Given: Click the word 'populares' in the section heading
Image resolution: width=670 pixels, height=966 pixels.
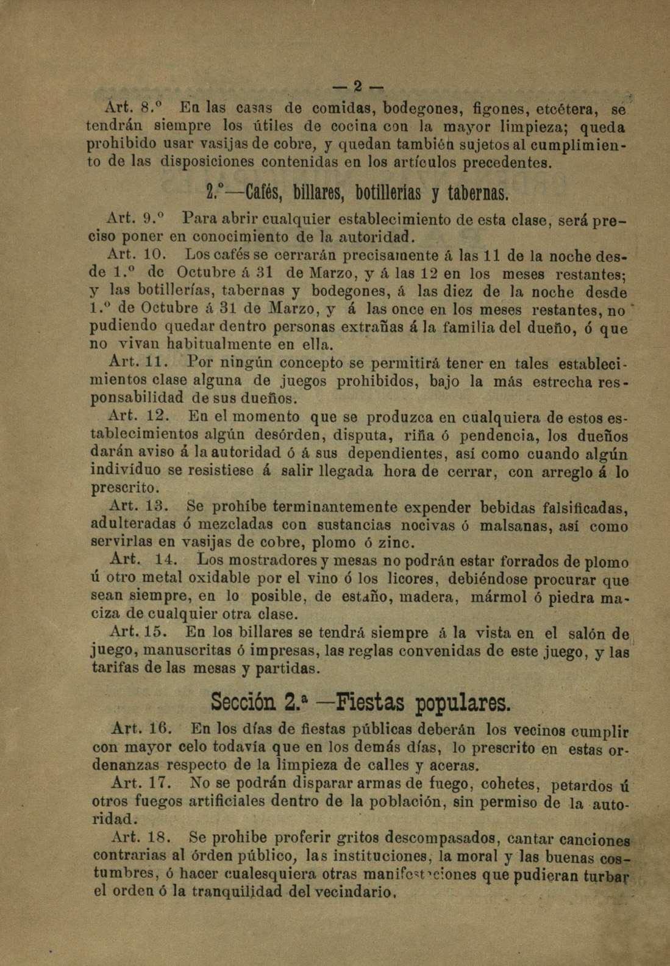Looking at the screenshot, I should point(462,703).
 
